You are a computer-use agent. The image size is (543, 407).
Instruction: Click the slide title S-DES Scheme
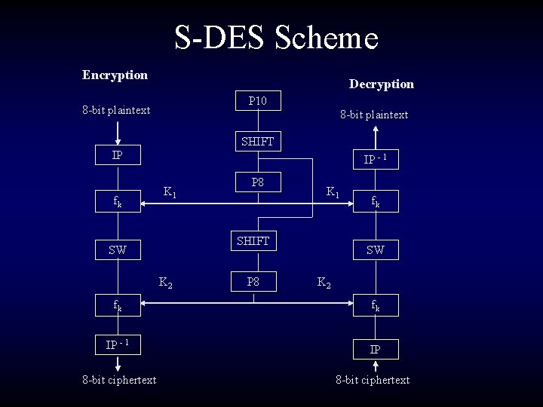pyautogui.click(x=276, y=38)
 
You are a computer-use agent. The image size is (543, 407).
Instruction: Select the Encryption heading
pyautogui.click(x=115, y=75)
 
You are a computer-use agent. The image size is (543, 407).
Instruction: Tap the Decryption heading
pyautogui.click(x=381, y=84)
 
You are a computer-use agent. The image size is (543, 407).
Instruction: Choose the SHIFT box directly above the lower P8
pyautogui.click(x=253, y=241)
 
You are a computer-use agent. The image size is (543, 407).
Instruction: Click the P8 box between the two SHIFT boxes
pyautogui.click(x=257, y=182)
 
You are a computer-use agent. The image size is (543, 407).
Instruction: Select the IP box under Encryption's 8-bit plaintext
pyautogui.click(x=117, y=155)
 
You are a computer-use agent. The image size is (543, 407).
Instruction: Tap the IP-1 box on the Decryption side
pyautogui.click(x=375, y=159)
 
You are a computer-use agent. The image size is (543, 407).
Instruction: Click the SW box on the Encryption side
pyautogui.click(x=117, y=249)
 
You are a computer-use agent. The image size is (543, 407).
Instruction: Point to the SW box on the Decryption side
pyautogui.click(x=375, y=249)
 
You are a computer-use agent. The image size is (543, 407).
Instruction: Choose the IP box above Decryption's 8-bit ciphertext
pyautogui.click(x=375, y=350)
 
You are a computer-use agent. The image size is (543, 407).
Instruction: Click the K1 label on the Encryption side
pyautogui.click(x=170, y=193)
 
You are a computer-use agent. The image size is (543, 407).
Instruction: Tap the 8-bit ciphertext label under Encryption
pyautogui.click(x=119, y=380)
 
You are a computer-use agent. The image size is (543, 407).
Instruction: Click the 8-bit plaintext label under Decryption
pyautogui.click(x=374, y=115)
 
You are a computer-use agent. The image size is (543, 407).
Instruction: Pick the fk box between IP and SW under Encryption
pyautogui.click(x=117, y=201)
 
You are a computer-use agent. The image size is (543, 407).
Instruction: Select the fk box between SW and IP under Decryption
pyautogui.click(x=375, y=305)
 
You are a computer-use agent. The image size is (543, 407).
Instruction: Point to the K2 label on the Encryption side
pyautogui.click(x=165, y=283)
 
